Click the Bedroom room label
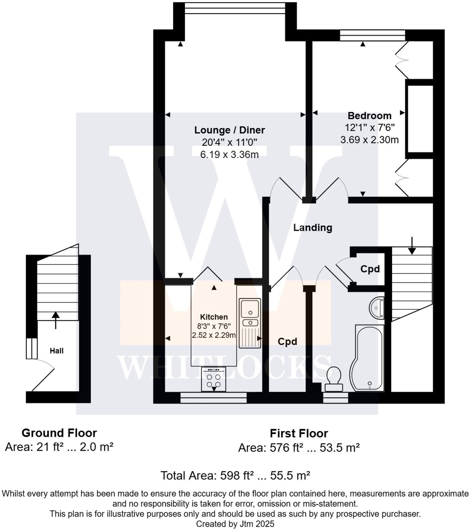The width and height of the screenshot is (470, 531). (369, 116)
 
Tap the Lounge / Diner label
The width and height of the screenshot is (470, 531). (229, 130)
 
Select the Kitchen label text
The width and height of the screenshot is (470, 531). (214, 317)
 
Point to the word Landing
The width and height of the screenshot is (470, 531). (313, 228)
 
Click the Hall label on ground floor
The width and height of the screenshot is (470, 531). (56, 351)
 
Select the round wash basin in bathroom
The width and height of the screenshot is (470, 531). (377, 308)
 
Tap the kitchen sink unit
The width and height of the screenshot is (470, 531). (250, 323)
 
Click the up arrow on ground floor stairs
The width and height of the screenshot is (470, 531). (56, 319)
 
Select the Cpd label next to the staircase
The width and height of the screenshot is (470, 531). (370, 269)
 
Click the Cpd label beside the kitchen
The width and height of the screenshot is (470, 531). (287, 342)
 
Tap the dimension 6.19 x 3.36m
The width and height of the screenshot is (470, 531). (229, 155)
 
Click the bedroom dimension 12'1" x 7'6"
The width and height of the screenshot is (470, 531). (369, 128)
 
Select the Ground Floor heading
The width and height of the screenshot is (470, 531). (59, 433)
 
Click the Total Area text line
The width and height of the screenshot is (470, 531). (235, 476)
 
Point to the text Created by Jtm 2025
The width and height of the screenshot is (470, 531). (235, 524)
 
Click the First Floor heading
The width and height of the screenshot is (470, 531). (299, 434)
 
